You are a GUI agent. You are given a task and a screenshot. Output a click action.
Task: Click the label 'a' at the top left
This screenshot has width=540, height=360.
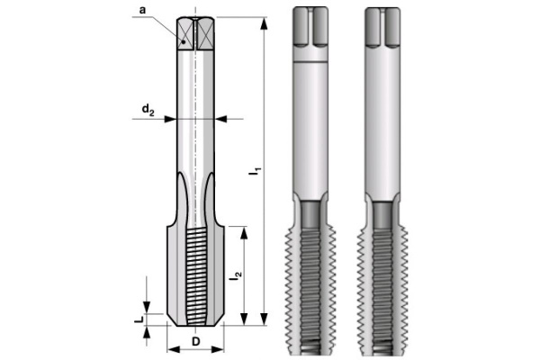point(142,11)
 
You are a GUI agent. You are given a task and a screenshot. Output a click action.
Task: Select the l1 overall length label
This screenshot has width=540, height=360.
point(255,169)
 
